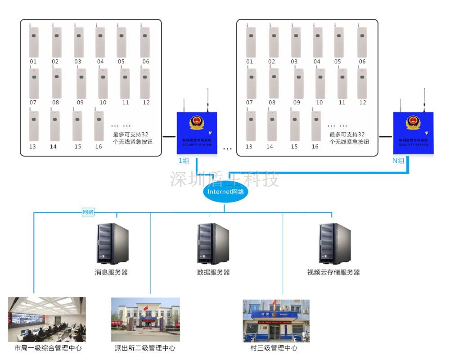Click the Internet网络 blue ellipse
pos(225,192)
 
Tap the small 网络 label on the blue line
pos(88,212)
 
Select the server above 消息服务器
pos(112,243)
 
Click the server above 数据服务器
pos(213,243)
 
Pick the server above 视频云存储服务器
pos(335,243)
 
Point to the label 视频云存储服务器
pos(333,272)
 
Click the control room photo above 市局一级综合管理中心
pos(47,319)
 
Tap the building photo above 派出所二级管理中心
pos(145,319)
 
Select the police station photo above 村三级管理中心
pos(276,320)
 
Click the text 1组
pos(184,161)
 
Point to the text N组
pos(398,161)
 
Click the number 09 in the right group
pos(297,103)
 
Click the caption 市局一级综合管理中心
pos(48,348)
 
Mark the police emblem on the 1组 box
pos(197,122)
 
